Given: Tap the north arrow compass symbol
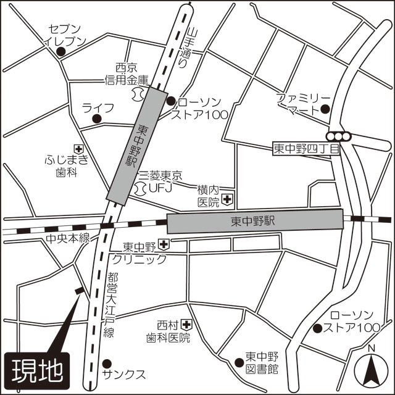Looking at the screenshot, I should pyautogui.click(x=372, y=368).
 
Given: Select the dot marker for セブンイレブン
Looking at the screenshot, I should pyautogui.click(x=60, y=52).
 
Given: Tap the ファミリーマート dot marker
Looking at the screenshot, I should pyautogui.click(x=325, y=110).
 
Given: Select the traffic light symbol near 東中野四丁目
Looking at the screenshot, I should pyautogui.click(x=339, y=136).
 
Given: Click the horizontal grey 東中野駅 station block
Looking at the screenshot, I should pyautogui.click(x=254, y=220).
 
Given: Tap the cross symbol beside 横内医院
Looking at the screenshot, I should pyautogui.click(x=228, y=199).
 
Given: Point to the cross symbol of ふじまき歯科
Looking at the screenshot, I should pyautogui.click(x=79, y=148).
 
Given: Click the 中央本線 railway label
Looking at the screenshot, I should pyautogui.click(x=68, y=238).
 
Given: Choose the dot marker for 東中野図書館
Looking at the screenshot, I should pyautogui.click(x=239, y=362).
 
